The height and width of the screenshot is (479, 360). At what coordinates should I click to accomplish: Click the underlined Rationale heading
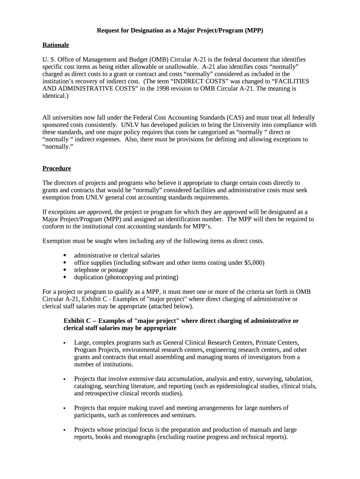[56, 45]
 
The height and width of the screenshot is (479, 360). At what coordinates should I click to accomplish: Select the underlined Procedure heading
[57, 168]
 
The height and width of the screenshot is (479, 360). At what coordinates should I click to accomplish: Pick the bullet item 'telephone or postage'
[101, 270]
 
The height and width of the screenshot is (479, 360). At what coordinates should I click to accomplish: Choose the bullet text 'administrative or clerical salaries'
[117, 255]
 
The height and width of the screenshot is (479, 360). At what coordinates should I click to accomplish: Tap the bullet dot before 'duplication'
[64, 277]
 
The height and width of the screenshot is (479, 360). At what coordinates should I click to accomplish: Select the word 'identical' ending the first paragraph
[55, 95]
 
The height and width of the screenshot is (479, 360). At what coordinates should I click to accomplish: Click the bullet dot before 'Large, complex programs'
[64, 343]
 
